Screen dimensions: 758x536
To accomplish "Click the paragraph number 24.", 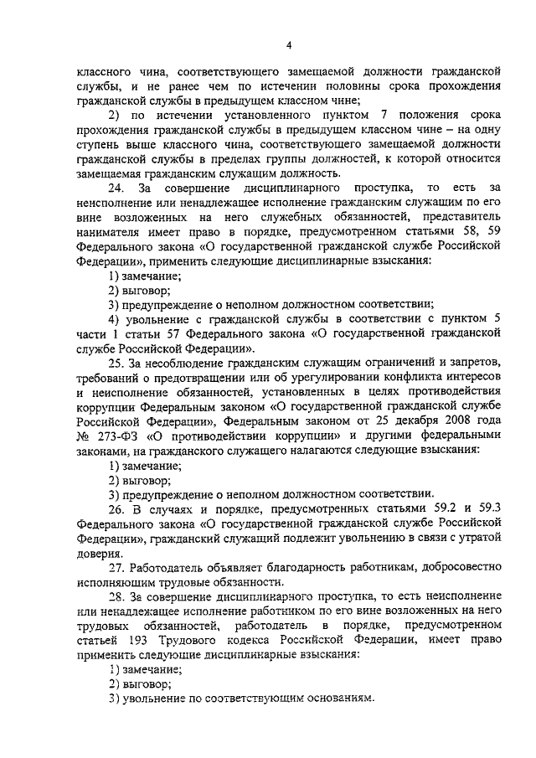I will point(116,188).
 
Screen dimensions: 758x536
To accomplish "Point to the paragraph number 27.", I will point(116,568).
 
